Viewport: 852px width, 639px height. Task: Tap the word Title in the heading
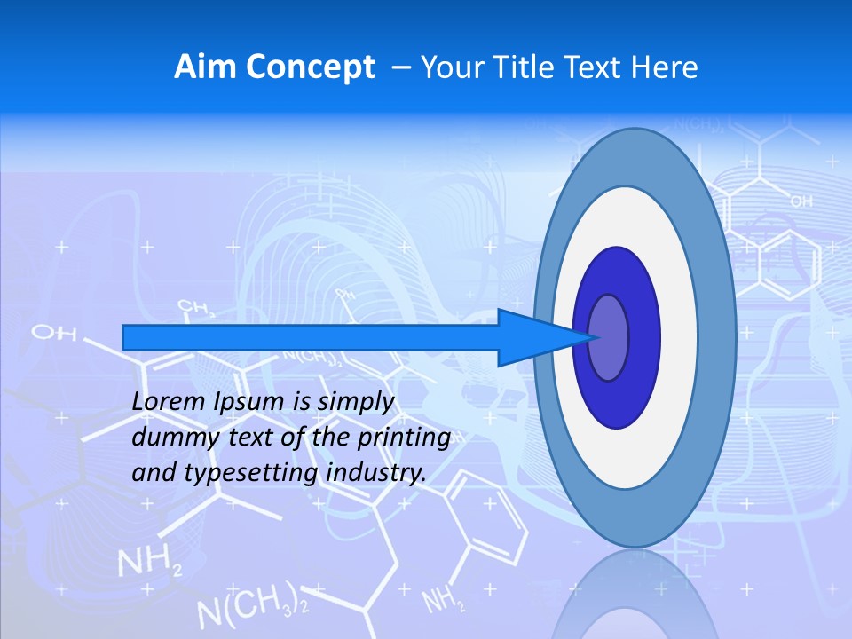pos(525,67)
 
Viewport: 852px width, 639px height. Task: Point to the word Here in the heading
pos(664,67)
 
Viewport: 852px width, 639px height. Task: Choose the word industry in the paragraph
pos(376,473)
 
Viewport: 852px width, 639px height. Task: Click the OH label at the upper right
pos(801,202)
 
